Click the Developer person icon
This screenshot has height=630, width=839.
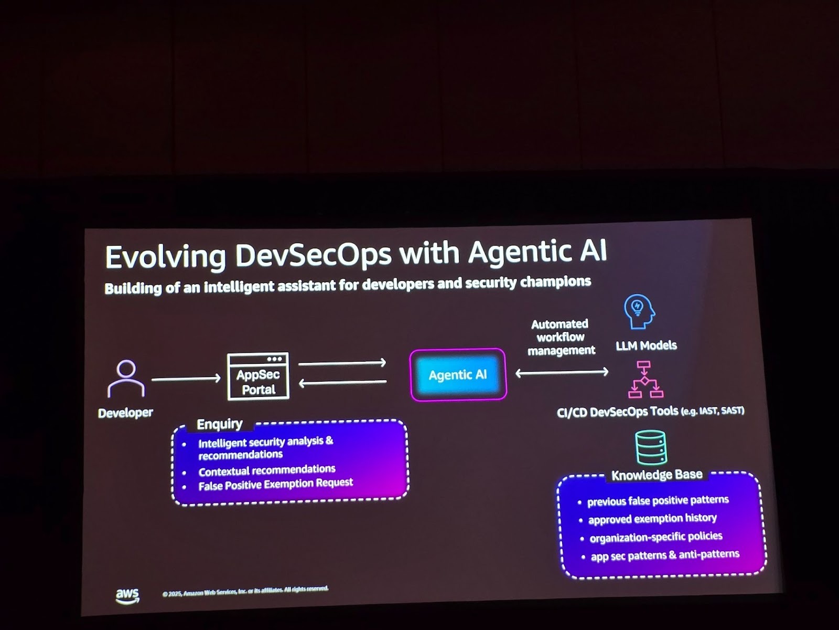(126, 378)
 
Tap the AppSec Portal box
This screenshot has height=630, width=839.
(258, 376)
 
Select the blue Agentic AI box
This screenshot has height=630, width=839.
(458, 374)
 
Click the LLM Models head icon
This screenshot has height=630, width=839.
(639, 311)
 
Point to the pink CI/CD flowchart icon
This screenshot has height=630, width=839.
(646, 380)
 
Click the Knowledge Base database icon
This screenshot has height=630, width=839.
(650, 447)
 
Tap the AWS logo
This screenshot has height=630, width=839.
(127, 595)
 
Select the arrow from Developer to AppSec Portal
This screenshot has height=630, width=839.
(186, 379)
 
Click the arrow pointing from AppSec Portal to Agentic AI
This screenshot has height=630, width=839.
(342, 363)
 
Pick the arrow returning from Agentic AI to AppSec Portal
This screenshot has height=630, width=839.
(342, 383)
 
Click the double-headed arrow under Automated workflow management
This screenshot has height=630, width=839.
(562, 372)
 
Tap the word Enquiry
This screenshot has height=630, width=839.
(219, 424)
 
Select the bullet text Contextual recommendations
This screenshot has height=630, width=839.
(266, 470)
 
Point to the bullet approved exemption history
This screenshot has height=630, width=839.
(652, 519)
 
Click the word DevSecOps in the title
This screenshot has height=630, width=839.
(313, 255)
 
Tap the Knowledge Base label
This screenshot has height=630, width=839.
(657, 475)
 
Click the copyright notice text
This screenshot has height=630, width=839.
(245, 591)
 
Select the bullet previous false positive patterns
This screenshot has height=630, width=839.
(658, 500)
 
